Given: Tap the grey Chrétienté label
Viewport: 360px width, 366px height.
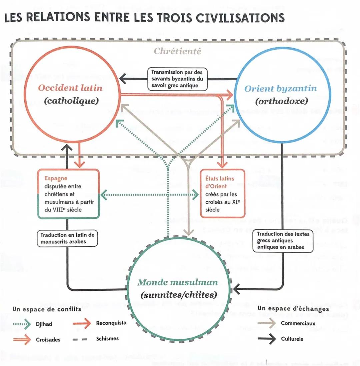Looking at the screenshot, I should pyautogui.click(x=177, y=51).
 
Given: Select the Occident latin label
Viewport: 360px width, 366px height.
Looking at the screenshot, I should pyautogui.click(x=70, y=88).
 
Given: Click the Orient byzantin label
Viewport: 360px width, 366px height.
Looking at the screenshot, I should pyautogui.click(x=280, y=89).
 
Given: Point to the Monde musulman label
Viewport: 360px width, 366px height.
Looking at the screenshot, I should pyautogui.click(x=178, y=282).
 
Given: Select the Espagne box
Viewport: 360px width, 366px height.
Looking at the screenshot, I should pyautogui.click(x=68, y=194).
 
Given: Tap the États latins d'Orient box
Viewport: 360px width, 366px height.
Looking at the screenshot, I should pyautogui.click(x=222, y=194).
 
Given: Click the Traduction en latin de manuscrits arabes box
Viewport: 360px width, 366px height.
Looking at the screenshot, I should pyautogui.click(x=67, y=238).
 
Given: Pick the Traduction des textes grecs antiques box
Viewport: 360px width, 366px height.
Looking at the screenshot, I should pyautogui.click(x=283, y=240).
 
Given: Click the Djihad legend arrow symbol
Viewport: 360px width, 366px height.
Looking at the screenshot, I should pyautogui.click(x=23, y=324).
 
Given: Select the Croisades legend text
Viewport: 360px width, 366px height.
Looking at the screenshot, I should pyautogui.click(x=48, y=340).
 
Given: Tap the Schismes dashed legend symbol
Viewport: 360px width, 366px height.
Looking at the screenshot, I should pyautogui.click(x=80, y=339).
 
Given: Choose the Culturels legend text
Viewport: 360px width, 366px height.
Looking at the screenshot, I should pyautogui.click(x=292, y=339).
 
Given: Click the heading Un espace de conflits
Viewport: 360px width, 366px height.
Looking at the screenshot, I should pyautogui.click(x=47, y=309).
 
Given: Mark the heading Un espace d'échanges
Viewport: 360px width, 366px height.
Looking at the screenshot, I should pyautogui.click(x=293, y=309).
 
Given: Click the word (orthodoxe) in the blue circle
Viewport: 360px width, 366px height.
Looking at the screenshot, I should pyautogui.click(x=281, y=101).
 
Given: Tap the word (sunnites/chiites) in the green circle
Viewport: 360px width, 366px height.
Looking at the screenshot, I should pyautogui.click(x=179, y=295).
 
